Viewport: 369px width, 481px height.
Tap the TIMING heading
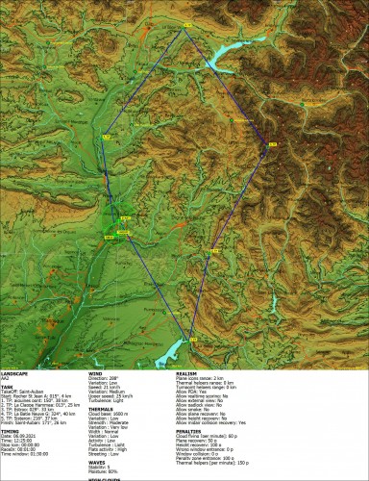click(x=12, y=432)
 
